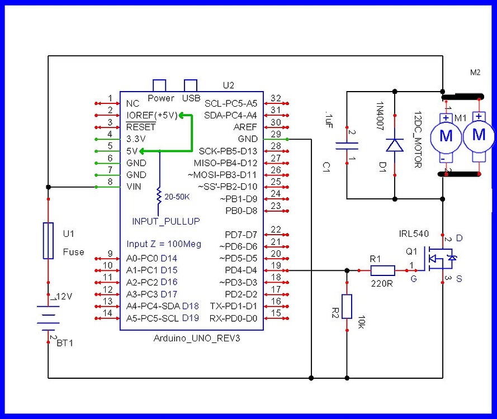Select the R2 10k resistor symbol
pyautogui.click(x=347, y=306)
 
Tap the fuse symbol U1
pyautogui.click(x=49, y=241)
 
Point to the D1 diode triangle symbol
pyautogui.click(x=395, y=145)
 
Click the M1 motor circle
pyautogui.click(x=446, y=136)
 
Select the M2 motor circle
pyautogui.click(x=479, y=135)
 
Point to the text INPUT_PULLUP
pyautogui.click(x=166, y=221)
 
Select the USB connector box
pyautogui.click(x=191, y=85)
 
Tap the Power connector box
pyautogui.click(x=160, y=85)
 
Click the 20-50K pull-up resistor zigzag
pyautogui.click(x=160, y=196)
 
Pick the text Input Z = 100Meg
pyautogui.click(x=163, y=244)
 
